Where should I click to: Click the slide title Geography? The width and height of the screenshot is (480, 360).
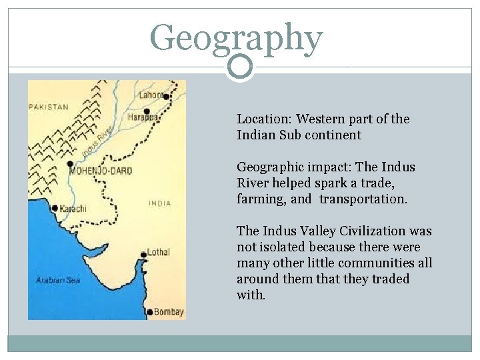237,39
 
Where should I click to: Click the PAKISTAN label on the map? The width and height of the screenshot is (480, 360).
49,107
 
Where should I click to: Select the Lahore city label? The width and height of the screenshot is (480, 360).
150,95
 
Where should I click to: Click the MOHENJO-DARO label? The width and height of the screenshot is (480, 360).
101,171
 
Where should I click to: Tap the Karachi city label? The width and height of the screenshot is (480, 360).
73,209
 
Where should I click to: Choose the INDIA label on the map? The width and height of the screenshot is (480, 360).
159,203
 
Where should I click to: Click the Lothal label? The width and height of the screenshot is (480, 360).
159,252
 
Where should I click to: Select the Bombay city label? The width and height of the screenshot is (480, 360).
169,312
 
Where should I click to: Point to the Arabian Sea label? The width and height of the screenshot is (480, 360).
59,280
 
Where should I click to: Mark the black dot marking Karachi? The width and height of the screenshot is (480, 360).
55,207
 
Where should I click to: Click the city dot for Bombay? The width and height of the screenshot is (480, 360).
149,311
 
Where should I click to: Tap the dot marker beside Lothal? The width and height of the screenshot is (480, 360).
143,254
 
